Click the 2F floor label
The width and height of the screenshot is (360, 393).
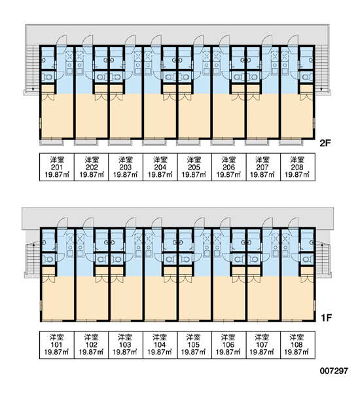click(325, 143)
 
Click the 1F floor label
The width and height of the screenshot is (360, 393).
click(326, 318)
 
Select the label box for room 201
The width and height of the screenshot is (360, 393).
click(57, 167)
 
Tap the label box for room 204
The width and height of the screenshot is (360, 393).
click(160, 167)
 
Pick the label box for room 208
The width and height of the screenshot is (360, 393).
click(298, 167)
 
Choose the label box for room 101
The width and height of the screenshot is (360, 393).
click(57, 345)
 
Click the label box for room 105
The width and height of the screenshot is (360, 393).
click(194, 345)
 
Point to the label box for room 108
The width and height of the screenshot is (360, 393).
click(298, 345)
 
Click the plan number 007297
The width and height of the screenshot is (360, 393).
click(334, 371)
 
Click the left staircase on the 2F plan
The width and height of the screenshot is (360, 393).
click(33, 68)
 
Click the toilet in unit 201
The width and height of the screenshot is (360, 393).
click(48, 77)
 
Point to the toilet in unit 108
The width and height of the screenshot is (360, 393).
click(307, 259)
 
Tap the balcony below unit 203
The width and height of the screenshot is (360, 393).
click(120, 143)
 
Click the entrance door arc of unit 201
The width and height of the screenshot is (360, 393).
click(61, 40)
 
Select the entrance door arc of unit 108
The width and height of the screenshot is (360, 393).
click(294, 223)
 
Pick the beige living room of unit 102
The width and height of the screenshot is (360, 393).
click(92, 298)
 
